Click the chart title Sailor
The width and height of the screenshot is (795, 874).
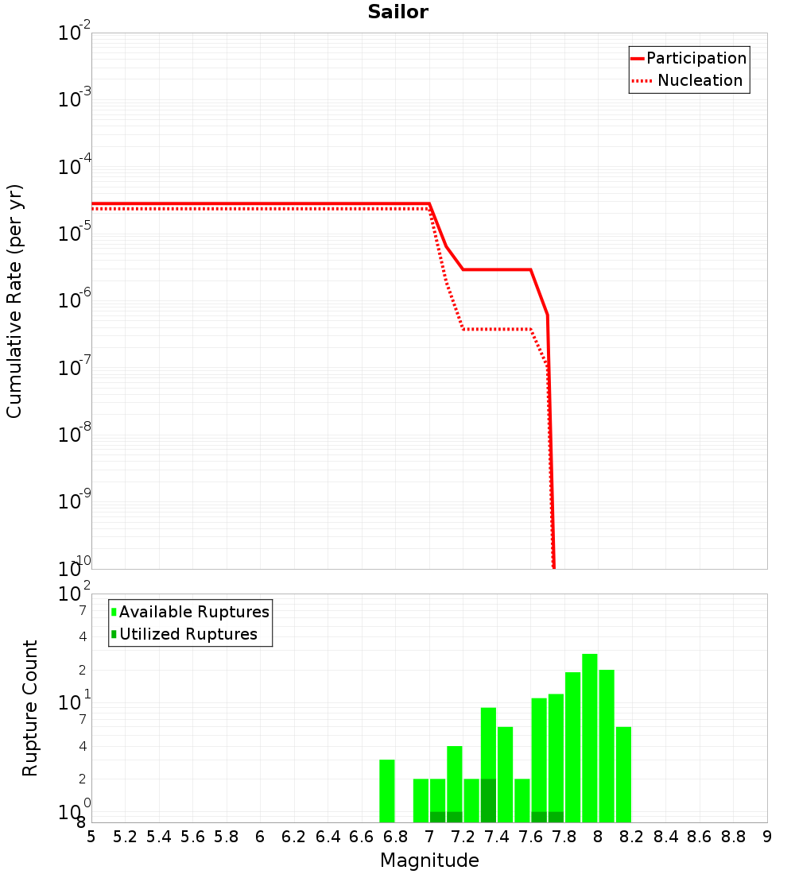click(397, 12)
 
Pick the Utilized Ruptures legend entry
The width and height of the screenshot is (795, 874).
click(188, 634)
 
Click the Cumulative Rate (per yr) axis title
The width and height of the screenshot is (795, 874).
click(14, 300)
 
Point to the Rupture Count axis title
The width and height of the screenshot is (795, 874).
click(30, 707)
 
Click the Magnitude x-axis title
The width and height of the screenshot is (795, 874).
click(429, 860)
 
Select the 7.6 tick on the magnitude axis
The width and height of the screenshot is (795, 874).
click(531, 837)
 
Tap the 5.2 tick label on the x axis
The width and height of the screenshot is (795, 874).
click(125, 837)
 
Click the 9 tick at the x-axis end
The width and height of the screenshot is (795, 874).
click(767, 837)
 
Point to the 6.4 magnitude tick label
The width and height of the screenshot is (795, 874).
click(328, 837)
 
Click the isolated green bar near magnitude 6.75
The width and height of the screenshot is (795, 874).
click(387, 791)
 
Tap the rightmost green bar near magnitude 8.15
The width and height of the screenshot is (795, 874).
click(623, 774)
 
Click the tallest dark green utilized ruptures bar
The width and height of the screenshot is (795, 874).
click(488, 800)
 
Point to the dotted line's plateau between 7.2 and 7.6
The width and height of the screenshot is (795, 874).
click(497, 329)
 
